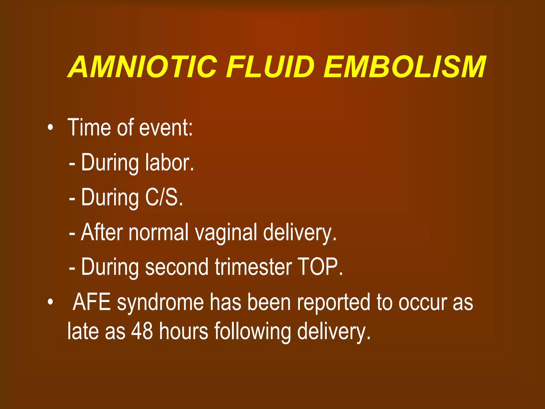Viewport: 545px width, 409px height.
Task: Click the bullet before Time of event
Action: click(x=50, y=128)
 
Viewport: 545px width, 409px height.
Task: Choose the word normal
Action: click(x=159, y=232)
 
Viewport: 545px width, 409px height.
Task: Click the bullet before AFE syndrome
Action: click(x=50, y=302)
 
